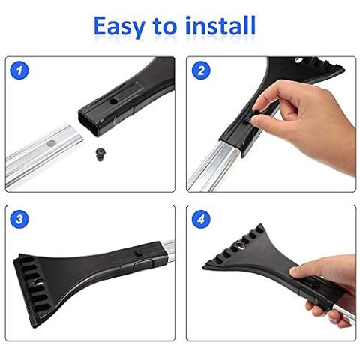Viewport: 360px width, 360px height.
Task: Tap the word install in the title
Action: tap(220, 25)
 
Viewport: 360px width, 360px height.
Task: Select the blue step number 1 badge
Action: tap(19, 70)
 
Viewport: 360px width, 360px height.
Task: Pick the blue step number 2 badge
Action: tap(201, 70)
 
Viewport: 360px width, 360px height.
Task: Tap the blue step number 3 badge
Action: tap(19, 219)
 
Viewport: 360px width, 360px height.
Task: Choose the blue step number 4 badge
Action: tap(201, 219)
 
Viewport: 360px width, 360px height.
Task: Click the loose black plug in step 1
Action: tap(100, 154)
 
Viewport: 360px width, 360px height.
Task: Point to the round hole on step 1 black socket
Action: tap(114, 101)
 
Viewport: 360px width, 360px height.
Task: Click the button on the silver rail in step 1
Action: tap(52, 143)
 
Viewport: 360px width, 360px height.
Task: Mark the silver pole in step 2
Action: tap(214, 166)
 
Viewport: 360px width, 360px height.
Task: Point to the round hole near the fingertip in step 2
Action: tap(247, 122)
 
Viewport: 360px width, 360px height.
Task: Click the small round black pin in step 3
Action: tap(138, 253)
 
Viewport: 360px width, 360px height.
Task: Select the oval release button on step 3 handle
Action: tap(143, 264)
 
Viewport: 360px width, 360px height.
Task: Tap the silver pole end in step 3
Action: tap(168, 250)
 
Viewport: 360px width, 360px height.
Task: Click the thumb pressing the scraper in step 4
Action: tap(300, 271)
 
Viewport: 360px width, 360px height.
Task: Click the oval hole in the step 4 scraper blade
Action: tap(238, 247)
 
